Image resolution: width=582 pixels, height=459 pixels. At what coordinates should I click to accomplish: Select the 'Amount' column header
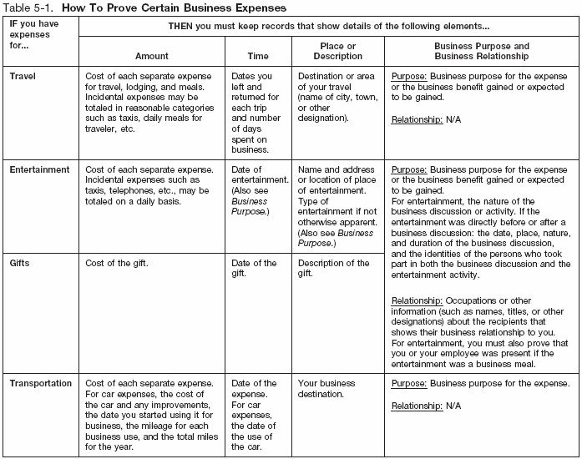(x=151, y=56)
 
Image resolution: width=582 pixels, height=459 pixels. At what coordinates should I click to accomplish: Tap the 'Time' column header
(x=258, y=56)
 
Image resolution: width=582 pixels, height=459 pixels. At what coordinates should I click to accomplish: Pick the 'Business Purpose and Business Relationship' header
(x=482, y=50)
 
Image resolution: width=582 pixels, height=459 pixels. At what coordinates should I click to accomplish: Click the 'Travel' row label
(x=23, y=76)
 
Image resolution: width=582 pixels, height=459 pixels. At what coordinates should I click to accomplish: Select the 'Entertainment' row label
(x=39, y=169)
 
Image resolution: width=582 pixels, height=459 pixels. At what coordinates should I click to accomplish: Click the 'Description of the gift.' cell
(x=333, y=269)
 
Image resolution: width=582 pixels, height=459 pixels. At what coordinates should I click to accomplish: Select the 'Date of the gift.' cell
(x=253, y=269)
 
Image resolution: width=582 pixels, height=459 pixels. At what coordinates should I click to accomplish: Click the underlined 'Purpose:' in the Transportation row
(x=408, y=384)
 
